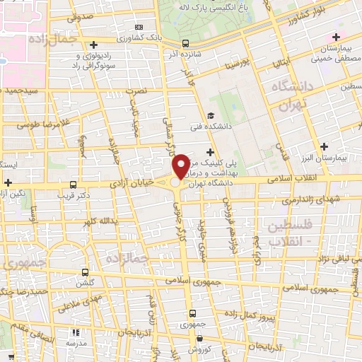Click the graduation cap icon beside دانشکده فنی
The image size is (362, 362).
(x=210, y=116)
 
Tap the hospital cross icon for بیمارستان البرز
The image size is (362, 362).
(x=324, y=147)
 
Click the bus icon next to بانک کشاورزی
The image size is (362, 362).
(x=185, y=42)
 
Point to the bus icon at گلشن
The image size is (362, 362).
(x=85, y=271)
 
